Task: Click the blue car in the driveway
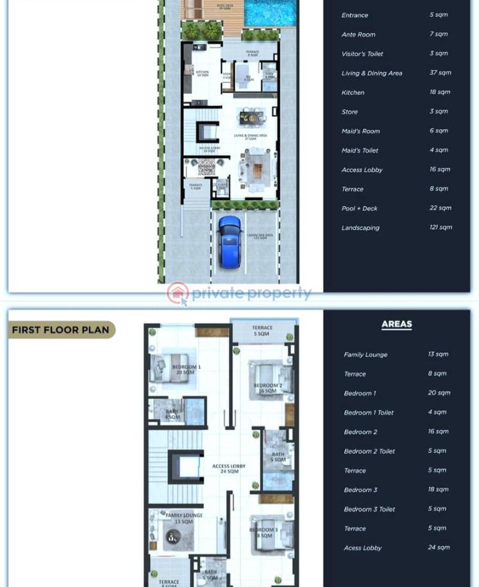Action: point(229,241)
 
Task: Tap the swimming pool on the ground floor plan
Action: point(271,13)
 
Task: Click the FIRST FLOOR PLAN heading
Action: point(61,329)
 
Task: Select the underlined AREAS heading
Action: point(396,325)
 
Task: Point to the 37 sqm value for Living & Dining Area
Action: point(440,72)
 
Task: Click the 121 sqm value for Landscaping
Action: point(441,227)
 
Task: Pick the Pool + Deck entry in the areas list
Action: point(359,208)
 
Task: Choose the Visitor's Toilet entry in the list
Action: point(362,54)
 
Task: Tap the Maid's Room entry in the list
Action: point(360,131)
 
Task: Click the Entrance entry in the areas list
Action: point(354,15)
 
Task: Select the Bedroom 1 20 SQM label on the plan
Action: point(186,370)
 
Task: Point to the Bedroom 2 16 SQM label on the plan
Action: point(268,388)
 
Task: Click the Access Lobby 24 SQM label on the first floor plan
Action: point(229,469)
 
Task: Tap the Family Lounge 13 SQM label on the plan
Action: point(184,518)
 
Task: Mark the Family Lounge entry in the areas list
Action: point(365,355)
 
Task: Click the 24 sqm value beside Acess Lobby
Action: point(438,547)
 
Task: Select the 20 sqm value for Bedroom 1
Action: point(439,393)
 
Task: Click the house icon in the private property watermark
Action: point(178,293)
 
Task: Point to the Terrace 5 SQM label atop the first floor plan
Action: point(262,331)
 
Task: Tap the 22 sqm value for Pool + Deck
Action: point(440,208)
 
